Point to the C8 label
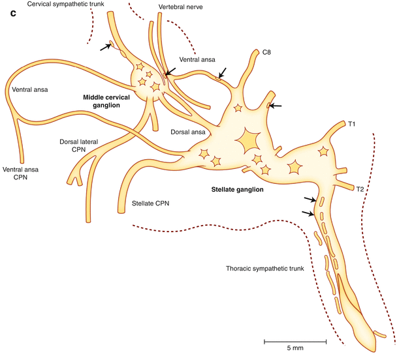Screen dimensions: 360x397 pyautogui.click(x=266, y=52)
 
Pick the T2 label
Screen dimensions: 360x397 pyautogui.click(x=359, y=189)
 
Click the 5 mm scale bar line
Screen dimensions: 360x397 pyautogui.click(x=295, y=340)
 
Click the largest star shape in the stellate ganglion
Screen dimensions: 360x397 pyautogui.click(x=250, y=141)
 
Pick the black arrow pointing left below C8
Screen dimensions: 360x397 pyautogui.click(x=276, y=104)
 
